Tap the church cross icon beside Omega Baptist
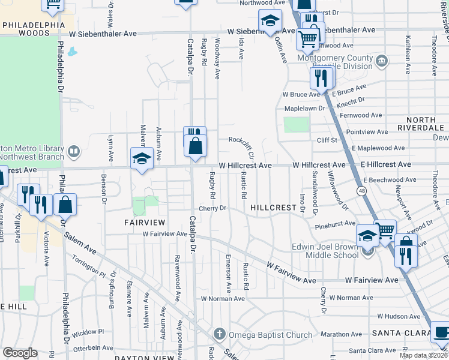click(x=220, y=334)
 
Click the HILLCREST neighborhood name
click(x=274, y=208)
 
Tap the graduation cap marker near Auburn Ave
click(x=141, y=159)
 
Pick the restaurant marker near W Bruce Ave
click(x=321, y=78)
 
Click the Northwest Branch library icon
click(x=74, y=151)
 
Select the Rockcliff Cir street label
click(x=243, y=140)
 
